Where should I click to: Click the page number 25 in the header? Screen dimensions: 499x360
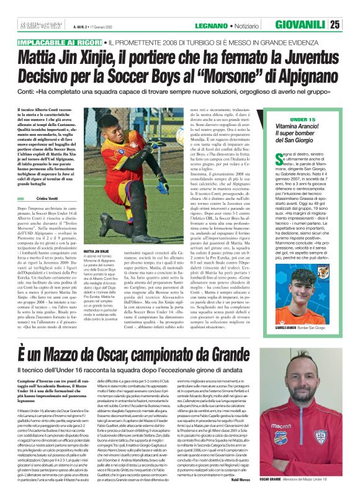point(351,25)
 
